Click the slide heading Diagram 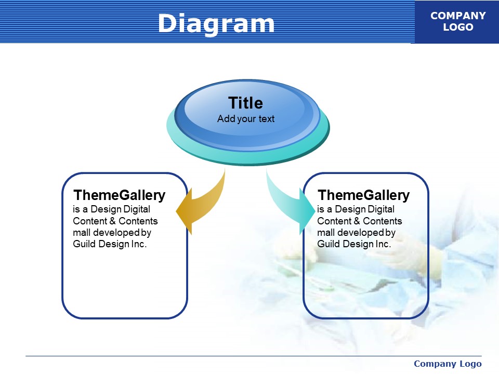[216, 23]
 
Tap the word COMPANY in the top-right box [458, 16]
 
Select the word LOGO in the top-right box [458, 27]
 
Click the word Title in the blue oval [246, 103]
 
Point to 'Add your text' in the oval [246, 119]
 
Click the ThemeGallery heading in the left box [120, 195]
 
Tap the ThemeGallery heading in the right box [364, 195]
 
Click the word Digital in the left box [137, 209]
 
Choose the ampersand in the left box [113, 221]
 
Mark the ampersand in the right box [357, 221]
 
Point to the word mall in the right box [326, 233]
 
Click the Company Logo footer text [448, 364]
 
